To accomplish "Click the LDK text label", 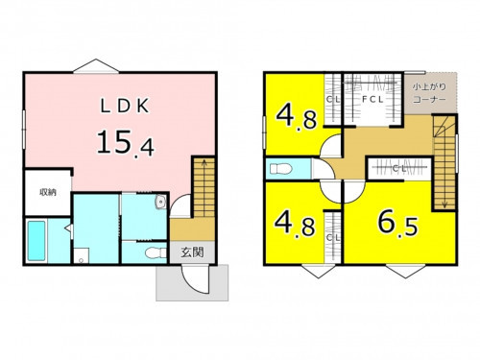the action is click(125, 107).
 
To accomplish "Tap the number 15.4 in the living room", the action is click(126, 143).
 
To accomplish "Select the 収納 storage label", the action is click(48, 192).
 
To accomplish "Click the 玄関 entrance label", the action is click(192, 252).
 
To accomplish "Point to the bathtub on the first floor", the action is click(36, 241).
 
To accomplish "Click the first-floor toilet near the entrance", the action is click(156, 253).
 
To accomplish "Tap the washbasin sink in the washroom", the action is click(160, 202).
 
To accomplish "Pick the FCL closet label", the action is click(372, 100).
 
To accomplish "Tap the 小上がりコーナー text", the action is click(429, 93).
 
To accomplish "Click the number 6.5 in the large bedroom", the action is click(397, 223).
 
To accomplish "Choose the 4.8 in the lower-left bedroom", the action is click(295, 223).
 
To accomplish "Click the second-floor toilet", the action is click(280, 169).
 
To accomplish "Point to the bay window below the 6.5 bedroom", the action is click(406, 272).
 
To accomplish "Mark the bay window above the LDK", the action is click(96, 66).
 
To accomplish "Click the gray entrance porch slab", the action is click(192, 283).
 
